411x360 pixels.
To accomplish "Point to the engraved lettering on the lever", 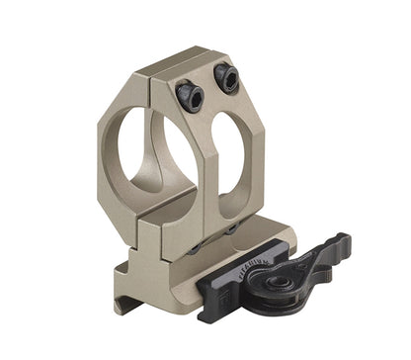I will tap(288, 263).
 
